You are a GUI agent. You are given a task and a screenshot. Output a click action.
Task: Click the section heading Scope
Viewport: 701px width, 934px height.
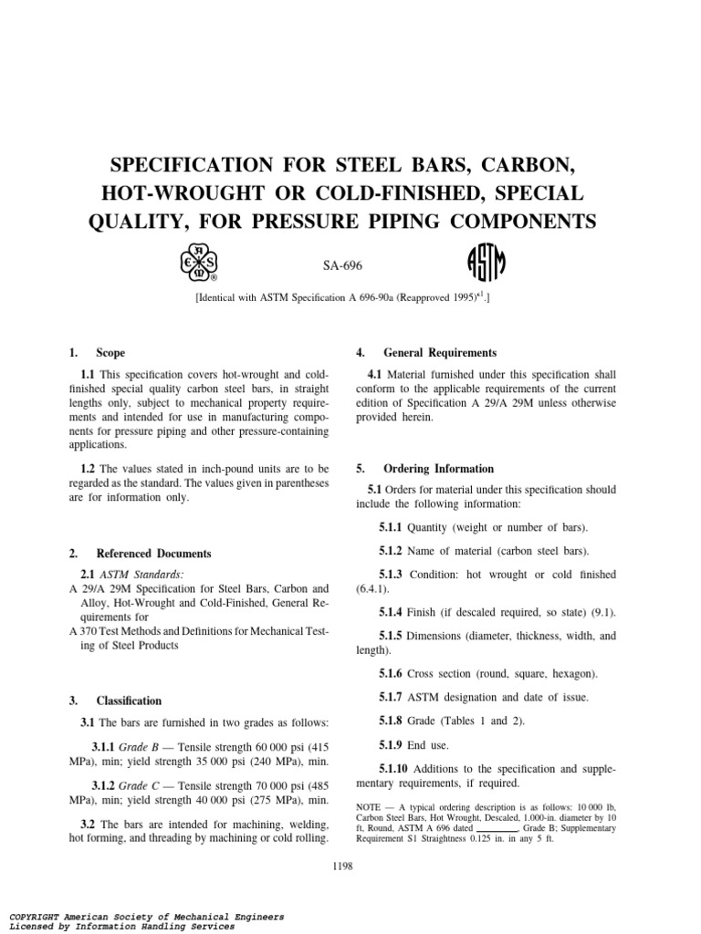pos(111,353)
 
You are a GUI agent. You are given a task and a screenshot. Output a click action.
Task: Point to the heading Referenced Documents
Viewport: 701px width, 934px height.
pos(153,554)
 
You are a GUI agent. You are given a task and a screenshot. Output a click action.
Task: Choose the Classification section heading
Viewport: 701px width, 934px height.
pos(129,701)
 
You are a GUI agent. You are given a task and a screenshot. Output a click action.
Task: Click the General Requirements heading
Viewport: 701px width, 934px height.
pos(440,353)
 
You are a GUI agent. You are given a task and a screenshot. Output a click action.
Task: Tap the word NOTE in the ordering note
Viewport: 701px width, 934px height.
pos(370,808)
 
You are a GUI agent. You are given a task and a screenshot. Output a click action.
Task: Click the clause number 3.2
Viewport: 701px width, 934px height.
pos(89,825)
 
